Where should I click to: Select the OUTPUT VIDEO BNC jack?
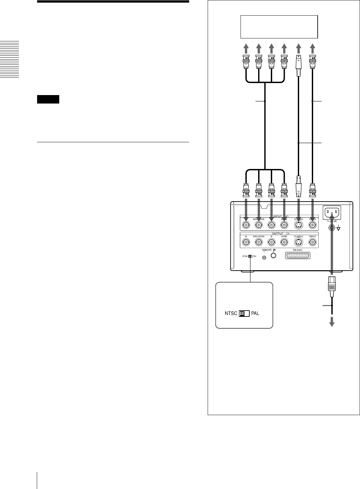click(x=312, y=242)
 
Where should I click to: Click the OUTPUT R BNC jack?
click(x=246, y=242)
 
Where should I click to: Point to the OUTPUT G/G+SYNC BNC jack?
click(x=259, y=242)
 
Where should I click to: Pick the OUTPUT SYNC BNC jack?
click(x=284, y=242)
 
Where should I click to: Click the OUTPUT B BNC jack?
click(x=271, y=242)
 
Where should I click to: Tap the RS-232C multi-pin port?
click(x=298, y=256)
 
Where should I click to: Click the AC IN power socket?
click(x=332, y=213)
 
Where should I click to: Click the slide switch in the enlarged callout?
click(x=244, y=314)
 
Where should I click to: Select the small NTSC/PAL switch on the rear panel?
click(x=250, y=257)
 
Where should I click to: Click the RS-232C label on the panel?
click(x=298, y=250)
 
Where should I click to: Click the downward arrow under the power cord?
click(x=332, y=322)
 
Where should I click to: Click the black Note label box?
click(x=48, y=99)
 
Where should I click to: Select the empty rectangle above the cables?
click(x=279, y=27)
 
